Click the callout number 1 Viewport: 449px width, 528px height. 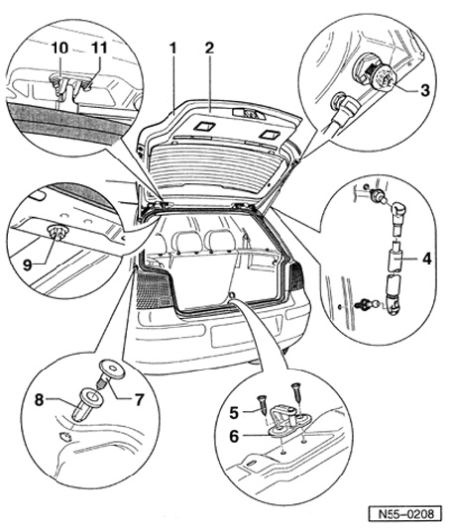[x=173, y=49]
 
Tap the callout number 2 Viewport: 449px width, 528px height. [x=209, y=49]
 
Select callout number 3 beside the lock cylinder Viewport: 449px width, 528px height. [x=425, y=90]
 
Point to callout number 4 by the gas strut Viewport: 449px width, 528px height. [x=427, y=259]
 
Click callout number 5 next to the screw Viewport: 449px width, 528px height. [x=234, y=412]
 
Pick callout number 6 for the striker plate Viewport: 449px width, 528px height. [x=234, y=437]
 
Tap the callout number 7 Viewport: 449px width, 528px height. [x=139, y=399]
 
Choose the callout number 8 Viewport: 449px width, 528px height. [x=40, y=400]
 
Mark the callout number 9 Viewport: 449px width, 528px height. [x=28, y=265]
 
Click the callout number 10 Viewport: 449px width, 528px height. [x=59, y=48]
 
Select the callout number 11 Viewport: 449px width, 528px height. [x=99, y=48]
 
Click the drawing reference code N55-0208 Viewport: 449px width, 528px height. [x=404, y=514]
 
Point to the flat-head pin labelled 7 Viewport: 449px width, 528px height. [x=109, y=372]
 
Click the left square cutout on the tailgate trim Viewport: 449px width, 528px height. [x=204, y=127]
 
